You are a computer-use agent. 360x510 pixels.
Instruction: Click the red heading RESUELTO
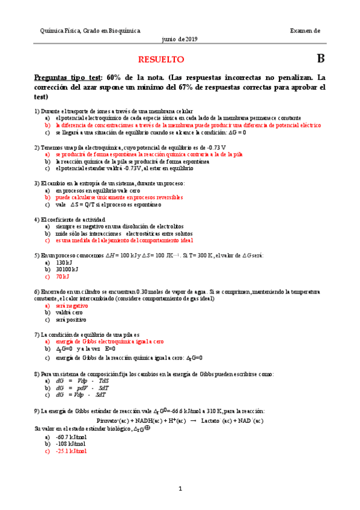point(161,60)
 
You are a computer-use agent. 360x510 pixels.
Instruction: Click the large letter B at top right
point(320,59)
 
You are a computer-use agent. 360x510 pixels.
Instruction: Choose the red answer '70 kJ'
point(63,277)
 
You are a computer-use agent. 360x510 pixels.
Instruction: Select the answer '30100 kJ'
point(67,269)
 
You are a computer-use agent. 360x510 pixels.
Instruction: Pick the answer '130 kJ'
point(64,262)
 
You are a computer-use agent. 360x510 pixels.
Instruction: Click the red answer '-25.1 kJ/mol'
point(71,450)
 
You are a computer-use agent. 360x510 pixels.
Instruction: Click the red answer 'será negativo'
point(72,306)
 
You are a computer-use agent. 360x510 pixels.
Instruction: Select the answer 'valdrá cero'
point(69,313)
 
